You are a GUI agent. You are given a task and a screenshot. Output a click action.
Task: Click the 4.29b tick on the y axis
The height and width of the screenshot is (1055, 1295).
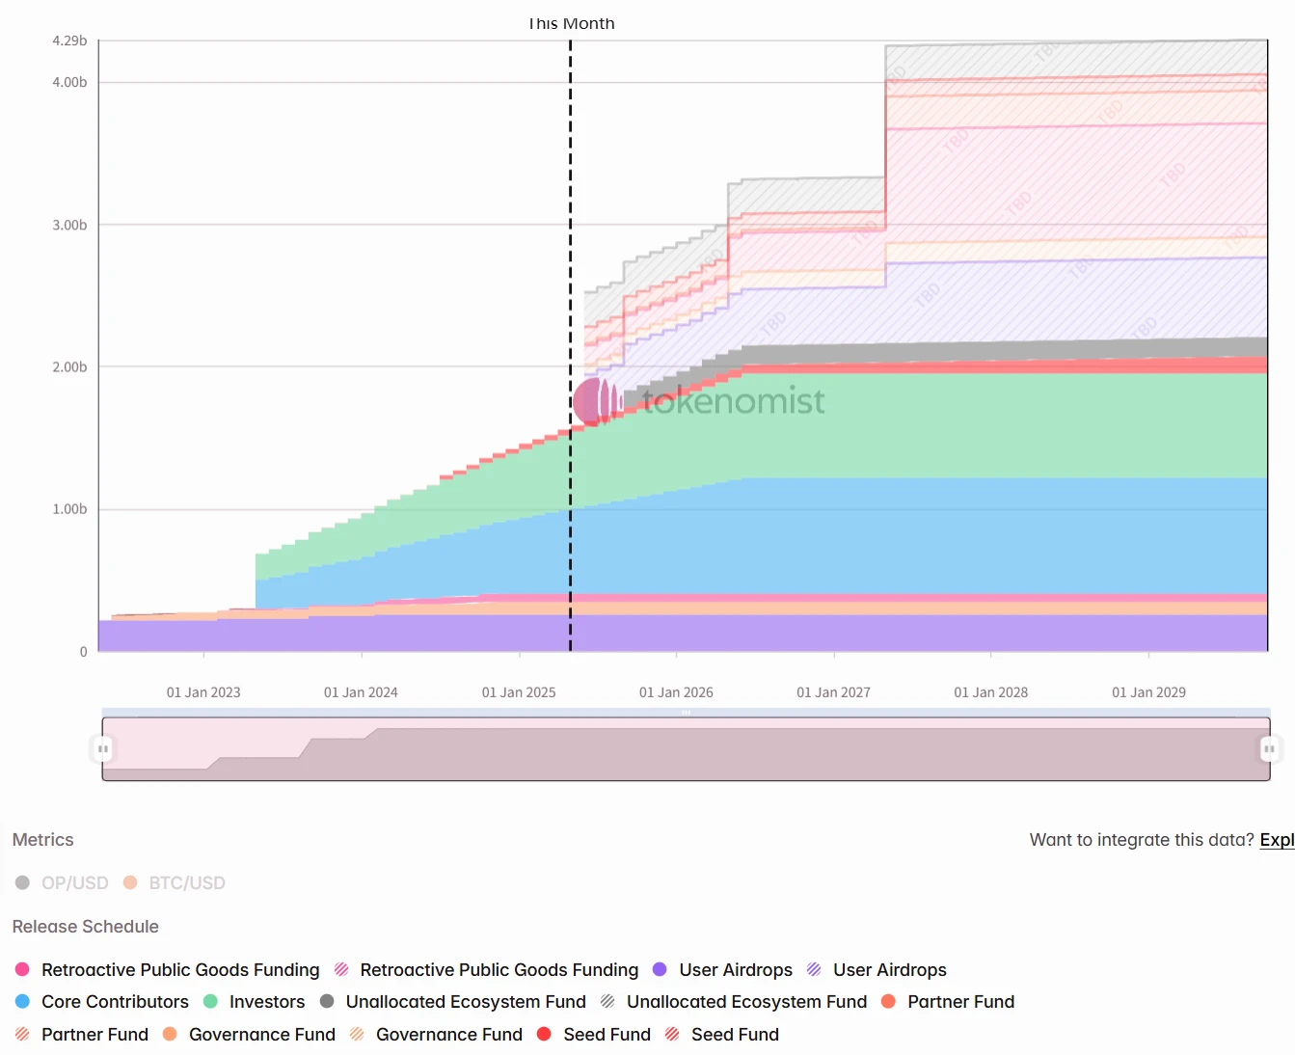pyautogui.click(x=69, y=41)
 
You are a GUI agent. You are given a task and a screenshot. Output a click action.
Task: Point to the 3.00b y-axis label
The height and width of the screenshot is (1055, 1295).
pyautogui.click(x=69, y=225)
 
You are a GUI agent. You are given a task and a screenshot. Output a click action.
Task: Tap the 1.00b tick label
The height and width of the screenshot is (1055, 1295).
pyautogui.click(x=69, y=509)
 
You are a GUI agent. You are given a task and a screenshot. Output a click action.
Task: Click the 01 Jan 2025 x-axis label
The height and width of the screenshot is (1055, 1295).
pyautogui.click(x=519, y=692)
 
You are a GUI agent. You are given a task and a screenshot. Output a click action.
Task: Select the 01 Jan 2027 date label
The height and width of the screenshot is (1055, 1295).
pyautogui.click(x=833, y=692)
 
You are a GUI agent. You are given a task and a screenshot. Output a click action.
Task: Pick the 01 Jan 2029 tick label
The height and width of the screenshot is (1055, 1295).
pyautogui.click(x=1148, y=692)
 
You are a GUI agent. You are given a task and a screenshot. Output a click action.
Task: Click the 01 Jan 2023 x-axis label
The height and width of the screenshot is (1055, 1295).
pyautogui.click(x=203, y=692)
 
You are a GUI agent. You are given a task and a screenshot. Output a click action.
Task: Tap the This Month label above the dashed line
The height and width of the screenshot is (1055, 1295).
pyautogui.click(x=571, y=23)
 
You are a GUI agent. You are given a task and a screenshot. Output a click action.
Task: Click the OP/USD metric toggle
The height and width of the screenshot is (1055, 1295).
pyautogui.click(x=64, y=883)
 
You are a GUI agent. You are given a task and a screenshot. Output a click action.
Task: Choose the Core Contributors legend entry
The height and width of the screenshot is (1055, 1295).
pyautogui.click(x=102, y=1002)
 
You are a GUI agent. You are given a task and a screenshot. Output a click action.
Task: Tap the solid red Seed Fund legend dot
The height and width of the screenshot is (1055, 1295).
pyautogui.click(x=544, y=1035)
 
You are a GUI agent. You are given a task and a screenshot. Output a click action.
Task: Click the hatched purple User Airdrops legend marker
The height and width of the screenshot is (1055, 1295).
pyautogui.click(x=815, y=970)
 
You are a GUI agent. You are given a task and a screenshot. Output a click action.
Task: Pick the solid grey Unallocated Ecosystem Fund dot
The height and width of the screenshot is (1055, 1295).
pyautogui.click(x=327, y=1002)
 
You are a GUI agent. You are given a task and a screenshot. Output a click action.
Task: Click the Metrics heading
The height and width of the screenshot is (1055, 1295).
pyautogui.click(x=42, y=840)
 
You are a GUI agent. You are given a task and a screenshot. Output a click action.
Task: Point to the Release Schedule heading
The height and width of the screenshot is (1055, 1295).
pyautogui.click(x=85, y=927)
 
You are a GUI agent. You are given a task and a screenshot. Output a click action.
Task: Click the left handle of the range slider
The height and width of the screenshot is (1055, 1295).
pyautogui.click(x=102, y=748)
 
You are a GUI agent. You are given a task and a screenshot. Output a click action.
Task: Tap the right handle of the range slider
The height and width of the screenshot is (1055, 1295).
pyautogui.click(x=1269, y=748)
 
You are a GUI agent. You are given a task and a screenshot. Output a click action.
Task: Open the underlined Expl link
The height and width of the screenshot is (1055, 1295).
pyautogui.click(x=1277, y=840)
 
